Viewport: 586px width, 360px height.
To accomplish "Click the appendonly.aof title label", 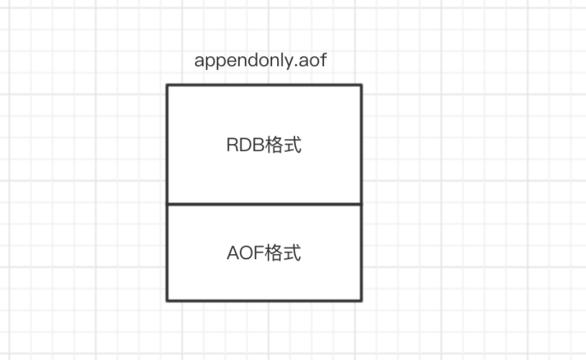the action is pyautogui.click(x=260, y=60).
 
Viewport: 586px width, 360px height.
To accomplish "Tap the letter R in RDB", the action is pyautogui.click(x=233, y=144).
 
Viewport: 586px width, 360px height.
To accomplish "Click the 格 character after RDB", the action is pyautogui.click(x=273, y=144).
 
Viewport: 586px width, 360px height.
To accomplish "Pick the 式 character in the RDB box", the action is pyautogui.click(x=292, y=144).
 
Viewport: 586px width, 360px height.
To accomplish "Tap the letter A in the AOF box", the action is pyautogui.click(x=233, y=253).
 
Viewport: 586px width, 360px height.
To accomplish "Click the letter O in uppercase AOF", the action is pyautogui.click(x=246, y=253).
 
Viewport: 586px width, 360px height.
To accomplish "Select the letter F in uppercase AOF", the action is pyautogui.click(x=259, y=253).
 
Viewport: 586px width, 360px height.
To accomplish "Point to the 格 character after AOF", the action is pyautogui.click(x=273, y=253).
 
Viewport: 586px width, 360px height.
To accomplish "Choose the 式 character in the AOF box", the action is pyautogui.click(x=292, y=253).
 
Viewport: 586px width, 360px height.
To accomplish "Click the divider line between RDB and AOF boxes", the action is pyautogui.click(x=264, y=204).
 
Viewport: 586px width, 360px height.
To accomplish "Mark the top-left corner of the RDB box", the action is pyautogui.click(x=167, y=85).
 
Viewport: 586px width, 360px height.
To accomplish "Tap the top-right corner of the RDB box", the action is pyautogui.click(x=361, y=85).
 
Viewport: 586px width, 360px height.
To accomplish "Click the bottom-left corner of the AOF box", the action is pyautogui.click(x=167, y=300).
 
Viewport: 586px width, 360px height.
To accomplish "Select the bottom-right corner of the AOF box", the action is pyautogui.click(x=361, y=300).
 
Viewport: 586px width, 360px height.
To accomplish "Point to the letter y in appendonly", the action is pyautogui.click(x=288, y=62).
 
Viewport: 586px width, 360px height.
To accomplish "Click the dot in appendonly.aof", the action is pyautogui.click(x=296, y=66).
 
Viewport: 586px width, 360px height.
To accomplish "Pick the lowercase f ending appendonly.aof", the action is pyautogui.click(x=323, y=60).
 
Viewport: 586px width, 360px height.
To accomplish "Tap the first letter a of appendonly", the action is pyautogui.click(x=199, y=62).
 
